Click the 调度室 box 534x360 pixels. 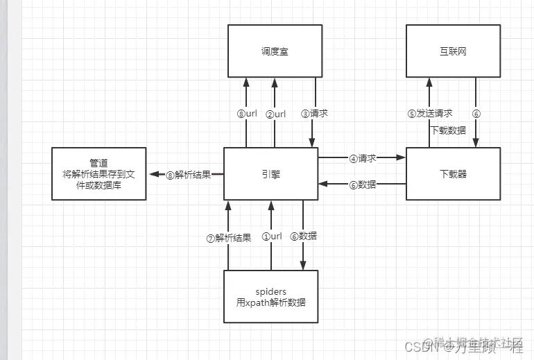click(x=275, y=51)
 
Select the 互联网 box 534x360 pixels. click(x=452, y=51)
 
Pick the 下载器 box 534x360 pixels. click(x=452, y=173)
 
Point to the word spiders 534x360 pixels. click(x=270, y=291)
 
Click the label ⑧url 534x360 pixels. click(x=247, y=114)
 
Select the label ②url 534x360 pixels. click(x=275, y=114)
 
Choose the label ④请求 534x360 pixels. click(x=362, y=158)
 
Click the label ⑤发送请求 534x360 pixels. click(x=430, y=114)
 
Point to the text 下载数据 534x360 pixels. click(x=448, y=130)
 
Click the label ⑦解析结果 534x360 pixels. click(x=227, y=237)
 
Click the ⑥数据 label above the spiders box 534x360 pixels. click(x=304, y=237)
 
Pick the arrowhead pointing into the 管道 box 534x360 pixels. click(x=152, y=174)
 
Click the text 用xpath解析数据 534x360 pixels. click(x=270, y=303)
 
